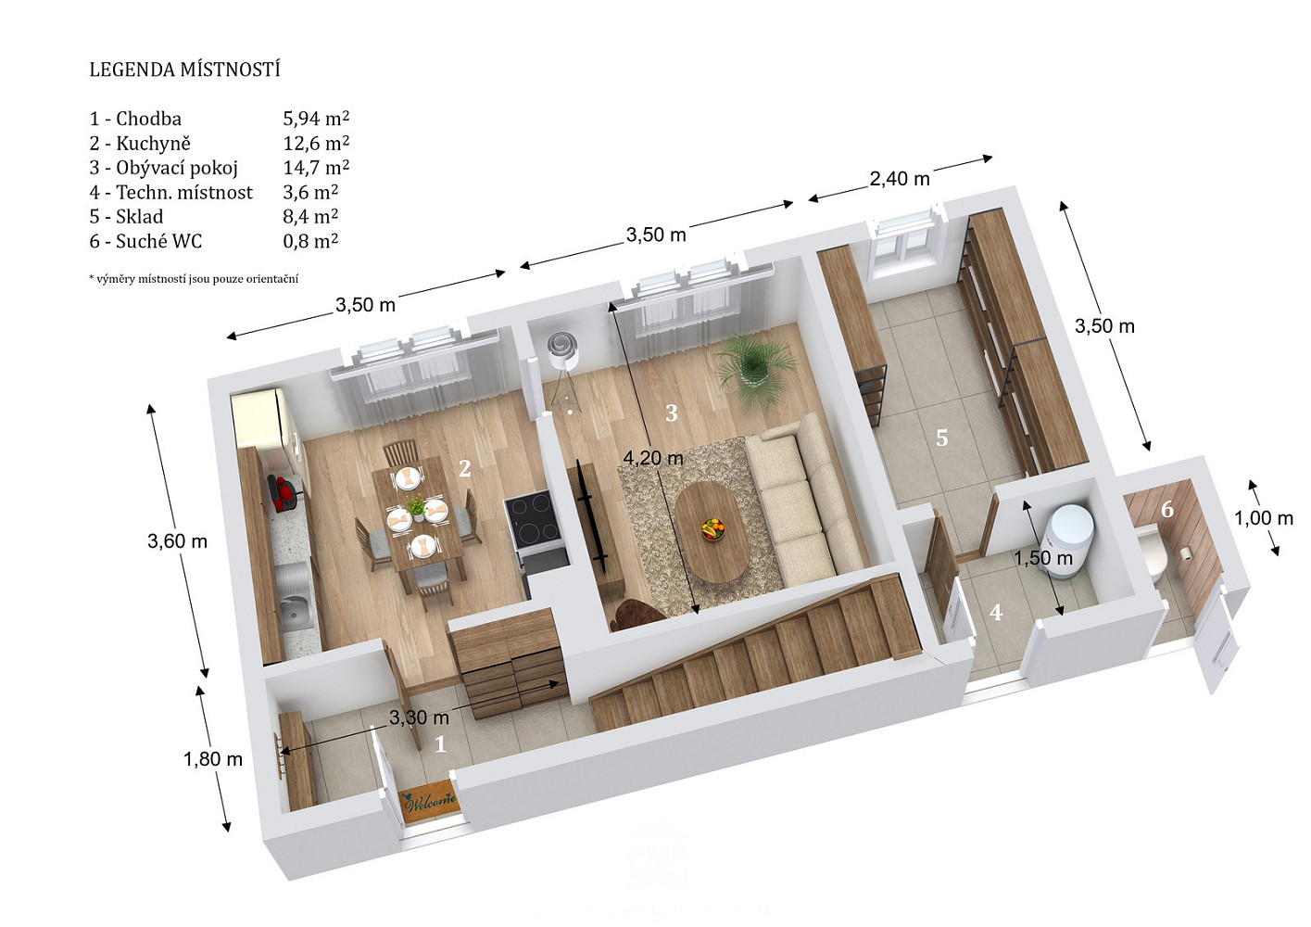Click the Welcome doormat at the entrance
[428, 801]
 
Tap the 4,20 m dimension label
[652, 458]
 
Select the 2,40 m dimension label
[900, 179]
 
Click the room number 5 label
[941, 438]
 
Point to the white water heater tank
[1070, 540]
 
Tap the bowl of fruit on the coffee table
[712, 528]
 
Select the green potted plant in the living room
[755, 368]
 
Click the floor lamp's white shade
[563, 351]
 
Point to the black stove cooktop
[532, 522]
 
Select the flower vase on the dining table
[416, 507]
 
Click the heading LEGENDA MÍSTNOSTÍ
[185, 70]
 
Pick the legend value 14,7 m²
[316, 168]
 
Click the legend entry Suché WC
[158, 241]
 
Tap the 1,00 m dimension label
[1264, 517]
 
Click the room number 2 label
[465, 468]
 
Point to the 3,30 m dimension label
[419, 717]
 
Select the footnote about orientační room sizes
[194, 279]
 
